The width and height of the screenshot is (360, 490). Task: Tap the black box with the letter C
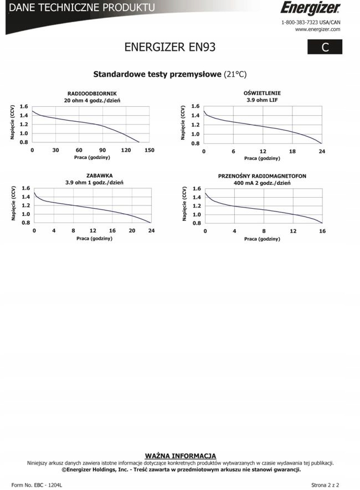tap(325, 48)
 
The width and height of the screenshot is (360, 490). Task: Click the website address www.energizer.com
tap(317, 29)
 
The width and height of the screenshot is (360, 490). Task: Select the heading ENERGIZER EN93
tap(170, 48)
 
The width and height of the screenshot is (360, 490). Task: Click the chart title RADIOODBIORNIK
tap(92, 94)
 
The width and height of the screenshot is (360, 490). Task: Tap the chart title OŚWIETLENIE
tap(262, 93)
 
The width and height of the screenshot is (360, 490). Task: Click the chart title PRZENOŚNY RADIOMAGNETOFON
tap(262, 176)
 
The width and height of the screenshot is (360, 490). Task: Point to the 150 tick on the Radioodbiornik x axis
tap(149, 151)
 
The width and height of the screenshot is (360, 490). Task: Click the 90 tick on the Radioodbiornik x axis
tap(102, 151)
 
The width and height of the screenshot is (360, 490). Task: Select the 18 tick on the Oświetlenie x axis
tap(292, 151)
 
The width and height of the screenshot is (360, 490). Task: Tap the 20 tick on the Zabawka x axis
tap(132, 230)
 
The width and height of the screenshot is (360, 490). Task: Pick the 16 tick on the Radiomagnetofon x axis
tap(322, 231)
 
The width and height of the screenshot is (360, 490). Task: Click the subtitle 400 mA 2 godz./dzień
tap(262, 183)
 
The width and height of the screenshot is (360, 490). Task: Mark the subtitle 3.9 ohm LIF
tap(262, 100)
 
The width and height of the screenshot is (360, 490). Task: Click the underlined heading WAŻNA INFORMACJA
tap(181, 456)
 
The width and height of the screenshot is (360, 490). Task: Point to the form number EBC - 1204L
tap(37, 484)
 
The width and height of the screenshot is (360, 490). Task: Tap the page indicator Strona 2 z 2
tap(325, 484)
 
